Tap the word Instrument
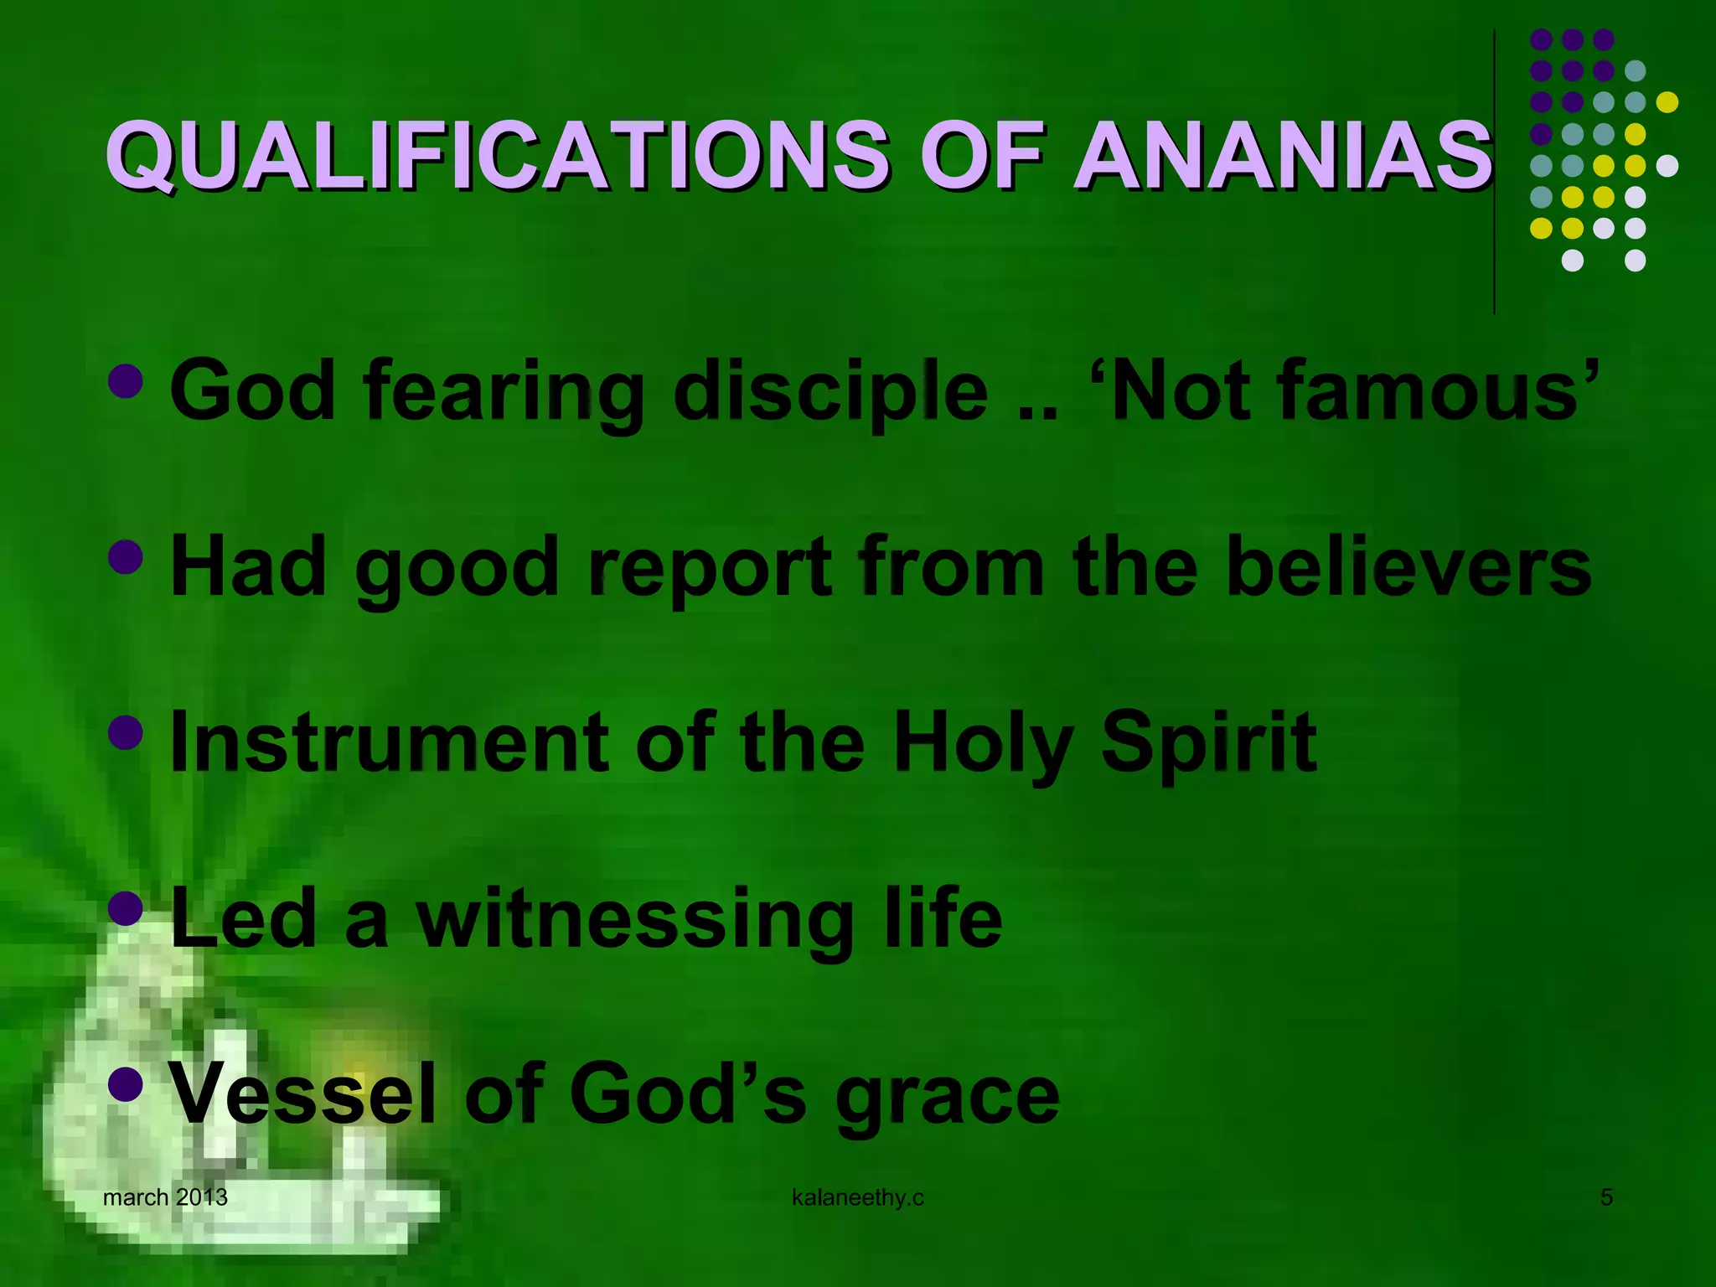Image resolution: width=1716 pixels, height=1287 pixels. (x=389, y=742)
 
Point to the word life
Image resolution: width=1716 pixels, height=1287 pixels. (x=943, y=918)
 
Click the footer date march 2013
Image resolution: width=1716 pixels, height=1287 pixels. (x=165, y=1197)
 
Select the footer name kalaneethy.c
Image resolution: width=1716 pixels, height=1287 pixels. (x=857, y=1198)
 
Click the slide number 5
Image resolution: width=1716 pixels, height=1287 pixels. (x=1606, y=1197)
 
